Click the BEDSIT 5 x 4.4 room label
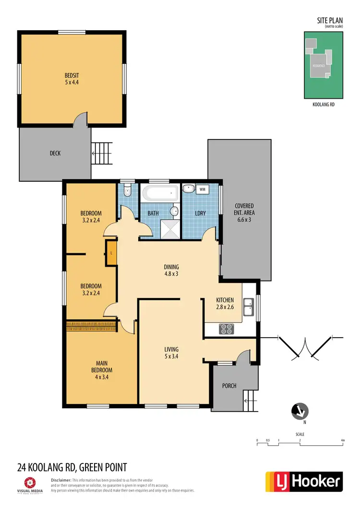pos(72,79)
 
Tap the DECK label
pos(55,154)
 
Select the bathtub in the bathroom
pos(160,194)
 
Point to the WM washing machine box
pos(202,189)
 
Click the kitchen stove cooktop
pos(226,329)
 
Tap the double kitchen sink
pos(249,307)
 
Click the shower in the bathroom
pos(169,229)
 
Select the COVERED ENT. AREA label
pos(244,213)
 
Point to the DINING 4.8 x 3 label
pos(171,271)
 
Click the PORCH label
pos(229,386)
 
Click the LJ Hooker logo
pos(304,481)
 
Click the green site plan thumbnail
pos(324,64)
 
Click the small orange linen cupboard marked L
pos(111,252)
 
